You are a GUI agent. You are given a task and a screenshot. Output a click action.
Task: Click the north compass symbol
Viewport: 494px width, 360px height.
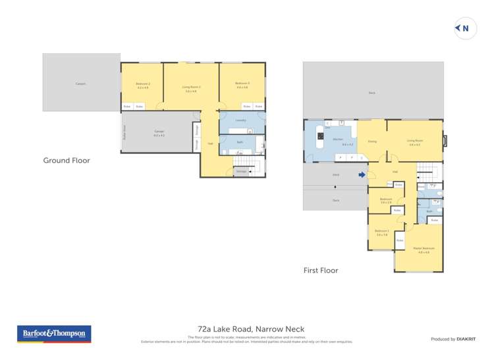[x=465, y=28]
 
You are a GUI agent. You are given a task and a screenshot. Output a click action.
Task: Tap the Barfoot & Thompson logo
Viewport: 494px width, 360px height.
[x=54, y=334]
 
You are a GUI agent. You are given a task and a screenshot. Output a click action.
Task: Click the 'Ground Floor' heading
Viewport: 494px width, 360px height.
[x=67, y=160]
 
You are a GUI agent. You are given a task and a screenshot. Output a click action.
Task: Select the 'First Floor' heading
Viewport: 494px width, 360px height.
[x=321, y=270]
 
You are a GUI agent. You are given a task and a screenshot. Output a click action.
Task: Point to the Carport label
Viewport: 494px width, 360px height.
[x=81, y=84]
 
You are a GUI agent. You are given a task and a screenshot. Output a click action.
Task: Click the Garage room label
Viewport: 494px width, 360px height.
[x=159, y=132]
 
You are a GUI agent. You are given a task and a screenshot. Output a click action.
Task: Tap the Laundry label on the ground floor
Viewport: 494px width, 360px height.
[x=240, y=120]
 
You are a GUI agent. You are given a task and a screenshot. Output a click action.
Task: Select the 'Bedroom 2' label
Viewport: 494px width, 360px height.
[x=143, y=84]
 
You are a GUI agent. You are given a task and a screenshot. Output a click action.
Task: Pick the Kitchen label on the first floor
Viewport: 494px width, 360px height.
[x=338, y=140]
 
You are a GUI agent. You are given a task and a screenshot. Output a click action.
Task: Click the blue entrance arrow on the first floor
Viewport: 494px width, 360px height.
[x=361, y=175]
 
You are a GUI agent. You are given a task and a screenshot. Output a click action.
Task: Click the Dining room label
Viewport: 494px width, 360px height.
[x=371, y=140]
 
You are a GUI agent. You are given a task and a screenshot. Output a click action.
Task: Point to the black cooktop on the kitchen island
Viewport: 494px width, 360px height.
[x=321, y=137]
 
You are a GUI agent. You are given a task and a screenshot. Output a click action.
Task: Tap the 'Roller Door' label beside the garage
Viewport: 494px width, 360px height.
[x=124, y=132]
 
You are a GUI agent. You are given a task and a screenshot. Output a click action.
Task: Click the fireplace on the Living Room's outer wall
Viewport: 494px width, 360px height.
[x=445, y=140]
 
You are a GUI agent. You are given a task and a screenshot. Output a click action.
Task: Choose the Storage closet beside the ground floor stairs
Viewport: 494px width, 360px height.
[x=241, y=172]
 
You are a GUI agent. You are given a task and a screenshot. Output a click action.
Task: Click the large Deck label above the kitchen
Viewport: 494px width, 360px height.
[x=371, y=93]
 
